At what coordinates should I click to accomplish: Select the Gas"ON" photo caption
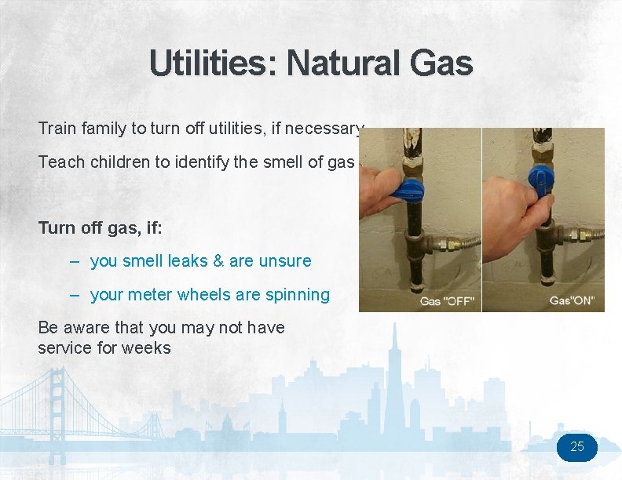point(571,301)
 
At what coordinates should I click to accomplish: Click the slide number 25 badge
point(577,447)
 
